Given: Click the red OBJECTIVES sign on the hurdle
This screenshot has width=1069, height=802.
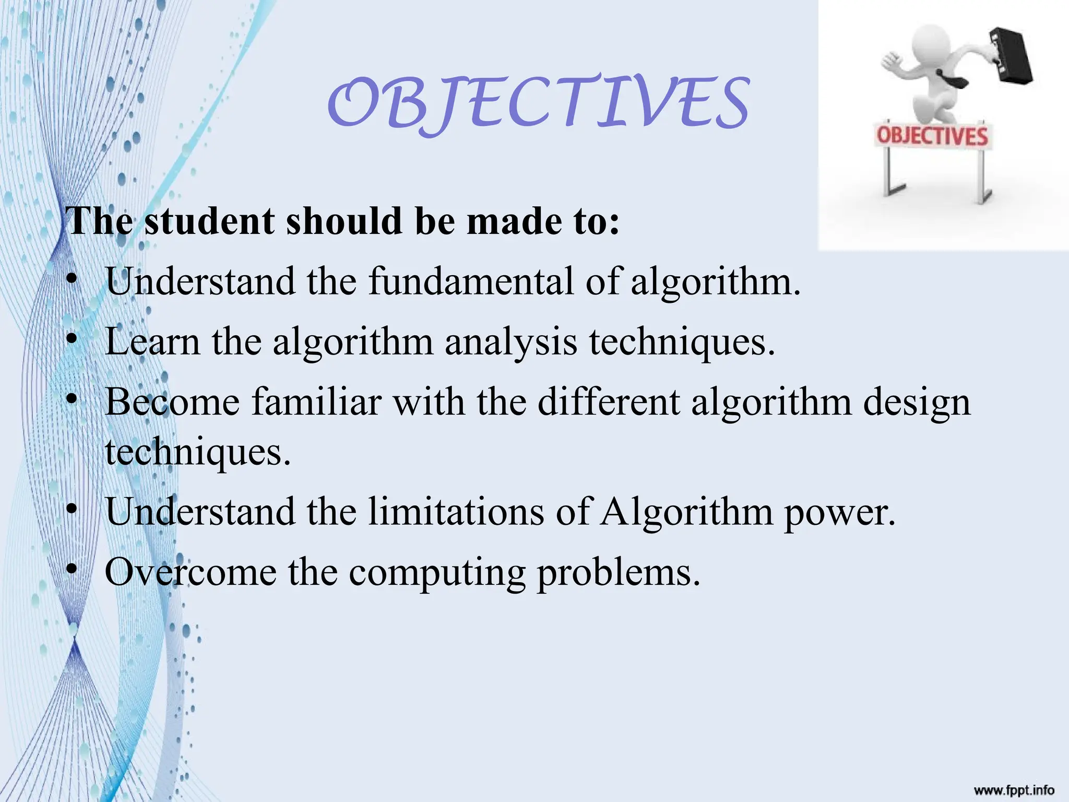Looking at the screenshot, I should tap(932, 136).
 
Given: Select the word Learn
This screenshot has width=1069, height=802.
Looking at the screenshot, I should tap(152, 341).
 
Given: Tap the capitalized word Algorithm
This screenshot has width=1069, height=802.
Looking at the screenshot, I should tap(686, 512).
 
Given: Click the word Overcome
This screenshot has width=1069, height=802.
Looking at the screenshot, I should tap(191, 572).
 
